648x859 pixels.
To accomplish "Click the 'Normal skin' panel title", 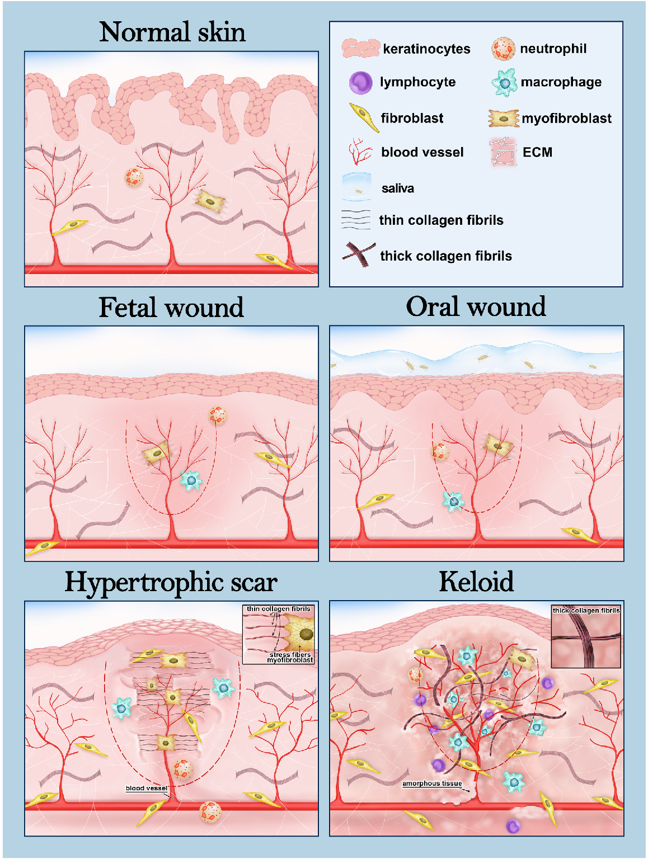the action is click(x=172, y=32).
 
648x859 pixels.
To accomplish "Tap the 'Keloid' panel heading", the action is click(x=476, y=582).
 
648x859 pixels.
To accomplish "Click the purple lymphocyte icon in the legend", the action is click(x=360, y=83).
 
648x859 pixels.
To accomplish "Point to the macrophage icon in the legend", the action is click(x=504, y=83).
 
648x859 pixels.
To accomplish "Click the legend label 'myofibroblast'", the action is click(x=566, y=118).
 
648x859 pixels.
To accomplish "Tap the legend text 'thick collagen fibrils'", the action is click(x=446, y=256).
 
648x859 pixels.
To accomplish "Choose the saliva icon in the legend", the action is click(x=356, y=187).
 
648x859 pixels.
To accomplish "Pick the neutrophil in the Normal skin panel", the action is click(x=134, y=177).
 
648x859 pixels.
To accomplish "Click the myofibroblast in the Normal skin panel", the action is click(x=210, y=201).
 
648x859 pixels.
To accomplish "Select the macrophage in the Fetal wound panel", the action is click(x=191, y=480).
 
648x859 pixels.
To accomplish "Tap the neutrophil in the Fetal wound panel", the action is click(x=218, y=415).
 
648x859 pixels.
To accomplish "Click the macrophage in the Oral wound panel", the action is click(x=453, y=501).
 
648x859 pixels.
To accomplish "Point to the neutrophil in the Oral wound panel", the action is click(x=440, y=452).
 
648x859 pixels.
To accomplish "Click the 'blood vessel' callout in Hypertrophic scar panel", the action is click(x=147, y=788).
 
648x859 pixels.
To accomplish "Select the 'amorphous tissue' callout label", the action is click(x=432, y=784).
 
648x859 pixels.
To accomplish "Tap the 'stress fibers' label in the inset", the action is click(x=290, y=654).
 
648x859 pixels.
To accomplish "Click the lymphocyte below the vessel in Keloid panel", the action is click(x=513, y=827).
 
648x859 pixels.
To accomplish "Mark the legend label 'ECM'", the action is click(x=538, y=152).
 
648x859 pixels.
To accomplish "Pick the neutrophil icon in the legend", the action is click(x=504, y=49).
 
